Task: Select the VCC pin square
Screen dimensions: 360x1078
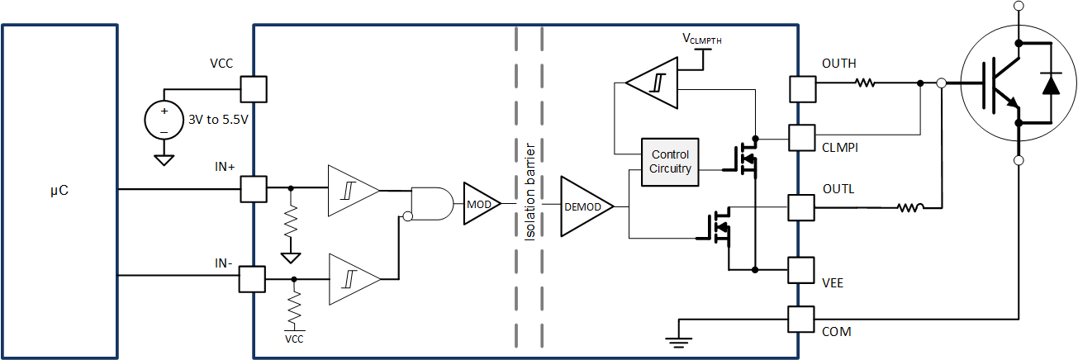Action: click(253, 88)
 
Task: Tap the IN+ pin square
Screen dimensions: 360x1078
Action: click(253, 188)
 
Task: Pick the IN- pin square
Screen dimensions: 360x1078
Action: click(252, 278)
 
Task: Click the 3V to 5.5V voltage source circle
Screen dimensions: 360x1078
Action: click(164, 118)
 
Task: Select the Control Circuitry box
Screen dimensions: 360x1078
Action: click(670, 162)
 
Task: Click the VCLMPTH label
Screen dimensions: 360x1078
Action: click(701, 38)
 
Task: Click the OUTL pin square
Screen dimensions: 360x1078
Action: click(801, 206)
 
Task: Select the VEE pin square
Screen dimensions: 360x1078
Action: click(801, 269)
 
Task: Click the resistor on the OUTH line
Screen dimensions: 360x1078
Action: click(866, 83)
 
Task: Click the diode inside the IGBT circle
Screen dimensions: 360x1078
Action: click(1051, 83)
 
